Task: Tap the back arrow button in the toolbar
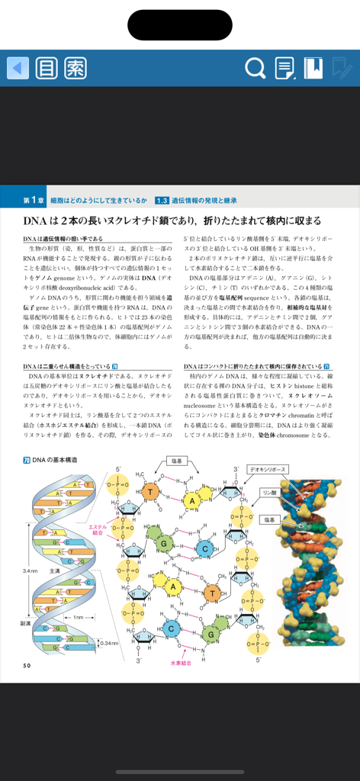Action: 18,68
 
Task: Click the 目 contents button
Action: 47,68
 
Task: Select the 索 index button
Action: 75,68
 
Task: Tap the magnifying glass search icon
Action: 256,69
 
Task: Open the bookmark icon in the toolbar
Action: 313,68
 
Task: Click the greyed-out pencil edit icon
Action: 341,69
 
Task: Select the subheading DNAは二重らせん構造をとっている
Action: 66,367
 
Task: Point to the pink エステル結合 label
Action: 98,529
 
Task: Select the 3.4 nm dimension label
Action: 30,570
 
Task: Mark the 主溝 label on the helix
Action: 56,570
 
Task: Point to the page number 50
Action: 27,665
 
